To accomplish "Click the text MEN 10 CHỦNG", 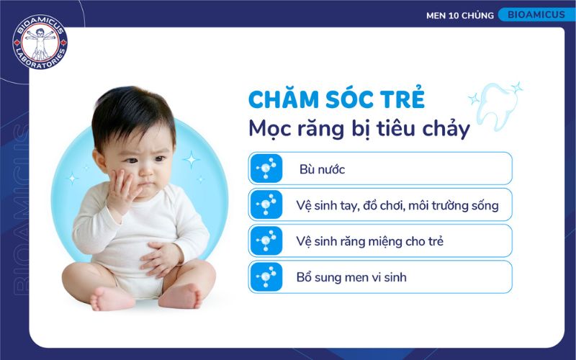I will pos(459,15).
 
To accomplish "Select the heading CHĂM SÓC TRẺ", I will pos(336,99).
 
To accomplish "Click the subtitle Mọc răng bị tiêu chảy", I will pos(359,130).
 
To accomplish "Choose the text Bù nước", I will pos(322,170).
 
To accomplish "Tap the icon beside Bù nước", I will pos(266,168).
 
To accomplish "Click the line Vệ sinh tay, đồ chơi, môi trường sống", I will pos(397,206).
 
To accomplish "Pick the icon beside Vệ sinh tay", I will pos(266,204).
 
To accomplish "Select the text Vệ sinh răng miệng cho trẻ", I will pos(369,241).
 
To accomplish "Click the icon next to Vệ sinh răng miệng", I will pos(266,240).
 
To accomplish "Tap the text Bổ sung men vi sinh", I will pos(351,276).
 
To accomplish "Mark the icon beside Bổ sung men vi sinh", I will pos(266,276).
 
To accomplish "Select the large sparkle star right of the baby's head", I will pos(192,158).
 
